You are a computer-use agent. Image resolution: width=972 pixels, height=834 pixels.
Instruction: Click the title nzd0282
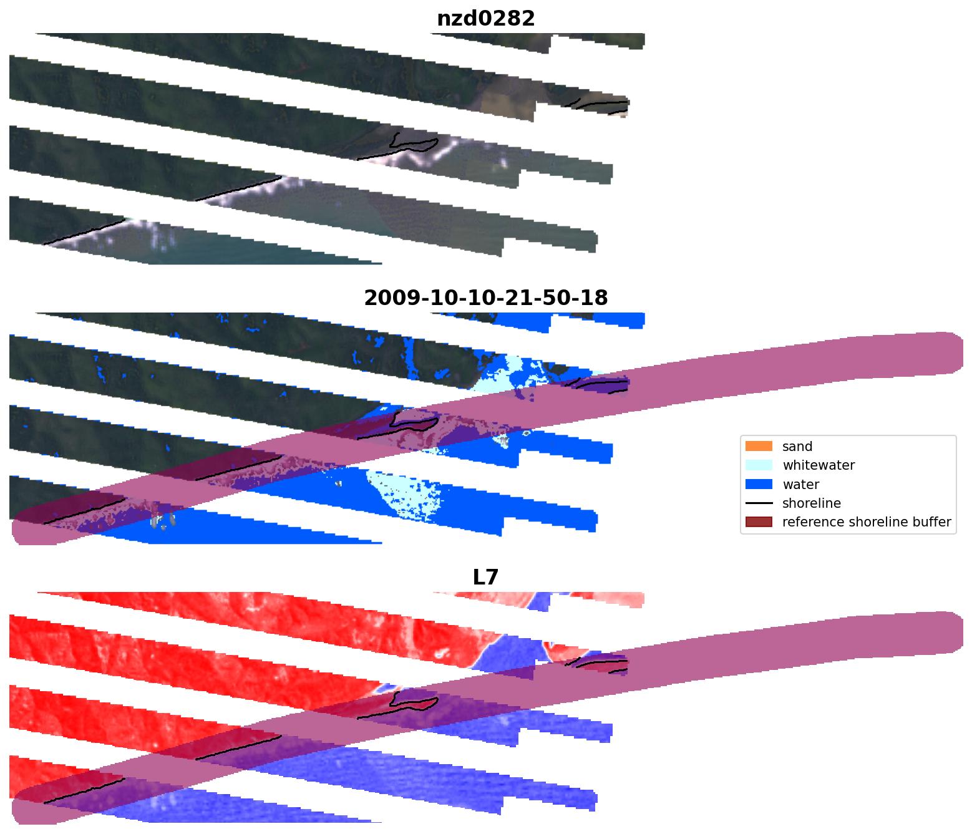485,19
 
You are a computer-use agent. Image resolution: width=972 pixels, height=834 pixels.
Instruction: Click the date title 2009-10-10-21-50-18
485,298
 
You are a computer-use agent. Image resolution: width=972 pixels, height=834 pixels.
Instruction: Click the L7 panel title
485,578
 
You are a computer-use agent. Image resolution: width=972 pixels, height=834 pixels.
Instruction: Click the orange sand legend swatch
759,446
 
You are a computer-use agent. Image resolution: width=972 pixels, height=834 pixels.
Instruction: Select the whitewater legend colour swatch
759,465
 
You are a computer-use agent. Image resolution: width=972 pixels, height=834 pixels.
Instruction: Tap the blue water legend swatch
759,484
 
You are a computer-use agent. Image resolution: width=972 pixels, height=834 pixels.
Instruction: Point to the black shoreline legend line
759,503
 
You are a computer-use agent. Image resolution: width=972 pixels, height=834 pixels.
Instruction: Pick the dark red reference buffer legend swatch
759,521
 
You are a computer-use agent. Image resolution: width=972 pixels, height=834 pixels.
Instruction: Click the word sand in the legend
797,447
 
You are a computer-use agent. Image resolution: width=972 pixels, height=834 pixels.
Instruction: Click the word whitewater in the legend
819,465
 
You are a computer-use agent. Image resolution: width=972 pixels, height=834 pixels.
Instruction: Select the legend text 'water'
800,485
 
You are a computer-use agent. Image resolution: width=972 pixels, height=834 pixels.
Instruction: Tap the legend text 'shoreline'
811,503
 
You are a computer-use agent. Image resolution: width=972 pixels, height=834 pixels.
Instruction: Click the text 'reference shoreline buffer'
867,522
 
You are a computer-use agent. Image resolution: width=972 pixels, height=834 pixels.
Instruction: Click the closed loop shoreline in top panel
412,143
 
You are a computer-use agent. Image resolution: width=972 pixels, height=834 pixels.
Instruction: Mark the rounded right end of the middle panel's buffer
951,353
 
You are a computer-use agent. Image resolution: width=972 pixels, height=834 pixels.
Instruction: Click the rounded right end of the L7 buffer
951,633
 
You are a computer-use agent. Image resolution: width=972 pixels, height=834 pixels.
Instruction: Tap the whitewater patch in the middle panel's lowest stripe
406,493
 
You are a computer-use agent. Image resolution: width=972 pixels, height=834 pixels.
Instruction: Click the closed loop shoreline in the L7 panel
412,702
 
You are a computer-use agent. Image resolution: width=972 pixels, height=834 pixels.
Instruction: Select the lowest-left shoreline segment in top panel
84,231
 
